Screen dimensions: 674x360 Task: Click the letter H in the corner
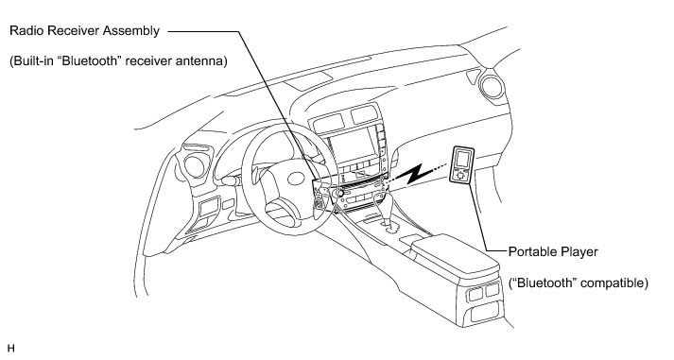pos(11,349)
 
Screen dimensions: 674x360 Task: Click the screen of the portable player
pos(462,159)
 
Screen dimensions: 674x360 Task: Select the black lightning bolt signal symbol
pos(414,174)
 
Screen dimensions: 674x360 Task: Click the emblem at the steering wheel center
pos(296,179)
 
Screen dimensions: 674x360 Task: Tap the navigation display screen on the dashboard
pos(353,146)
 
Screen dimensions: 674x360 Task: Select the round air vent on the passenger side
pos(492,87)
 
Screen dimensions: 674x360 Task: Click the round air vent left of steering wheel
pos(195,165)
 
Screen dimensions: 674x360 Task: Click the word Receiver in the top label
pos(78,31)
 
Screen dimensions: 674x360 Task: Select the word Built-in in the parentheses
pos(34,61)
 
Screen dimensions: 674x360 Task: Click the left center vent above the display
pos(329,123)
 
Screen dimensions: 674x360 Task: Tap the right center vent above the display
pos(364,113)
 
